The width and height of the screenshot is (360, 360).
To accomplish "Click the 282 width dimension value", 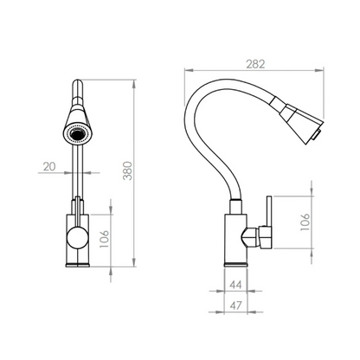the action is pyautogui.click(x=255, y=64).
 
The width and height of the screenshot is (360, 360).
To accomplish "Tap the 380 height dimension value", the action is pyautogui.click(x=127, y=171).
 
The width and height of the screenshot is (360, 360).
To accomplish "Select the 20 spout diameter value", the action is pyautogui.click(x=49, y=166).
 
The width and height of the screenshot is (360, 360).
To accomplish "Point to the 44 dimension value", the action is pyautogui.click(x=235, y=285).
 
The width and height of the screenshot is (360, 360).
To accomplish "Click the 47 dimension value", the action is pyautogui.click(x=235, y=305).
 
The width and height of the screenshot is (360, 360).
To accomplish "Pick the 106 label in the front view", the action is pyautogui.click(x=104, y=239).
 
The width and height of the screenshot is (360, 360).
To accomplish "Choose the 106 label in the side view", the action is pyautogui.click(x=305, y=222).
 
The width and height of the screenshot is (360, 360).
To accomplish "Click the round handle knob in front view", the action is pyautogui.click(x=77, y=237).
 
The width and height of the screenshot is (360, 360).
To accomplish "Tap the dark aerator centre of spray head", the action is pyautogui.click(x=77, y=133).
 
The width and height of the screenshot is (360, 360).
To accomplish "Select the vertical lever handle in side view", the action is pyautogui.click(x=269, y=211).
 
